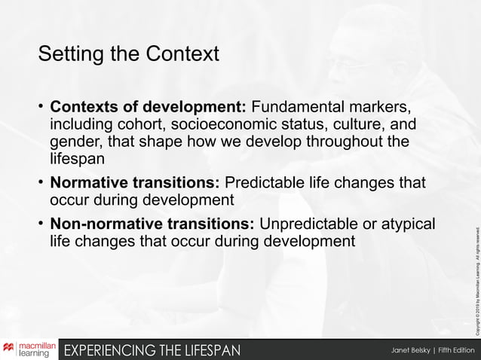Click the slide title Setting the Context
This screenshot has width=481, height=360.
pos(128,54)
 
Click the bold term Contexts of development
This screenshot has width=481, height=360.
pos(148,104)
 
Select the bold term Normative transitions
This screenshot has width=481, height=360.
pos(134,183)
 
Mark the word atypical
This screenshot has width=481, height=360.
pos(408,224)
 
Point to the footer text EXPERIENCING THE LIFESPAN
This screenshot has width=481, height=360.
pos(153,350)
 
